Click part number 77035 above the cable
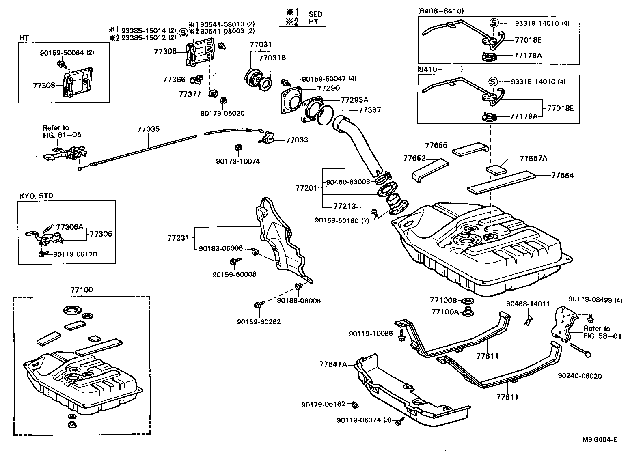tap(148, 130)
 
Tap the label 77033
tap(297, 140)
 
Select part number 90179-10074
tap(238, 161)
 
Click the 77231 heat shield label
tap(178, 237)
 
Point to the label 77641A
tap(333, 364)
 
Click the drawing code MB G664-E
tap(600, 439)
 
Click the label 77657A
tap(533, 158)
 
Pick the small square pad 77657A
tap(496, 169)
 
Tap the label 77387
tap(369, 110)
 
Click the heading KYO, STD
tap(37, 196)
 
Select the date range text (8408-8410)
tap(440, 11)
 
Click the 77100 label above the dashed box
tap(82, 290)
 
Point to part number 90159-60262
tap(259, 322)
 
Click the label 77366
tap(174, 80)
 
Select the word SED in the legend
tap(315, 14)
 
